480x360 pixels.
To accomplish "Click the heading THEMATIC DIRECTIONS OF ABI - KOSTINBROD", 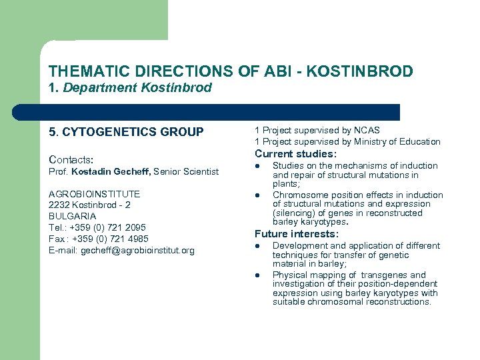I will pyautogui.click(x=231, y=71).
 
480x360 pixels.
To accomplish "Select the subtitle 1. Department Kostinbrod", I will pyautogui.click(x=130, y=87).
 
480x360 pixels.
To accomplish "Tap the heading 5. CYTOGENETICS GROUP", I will pyautogui.click(x=126, y=132).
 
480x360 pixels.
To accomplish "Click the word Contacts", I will pyautogui.click(x=70, y=160).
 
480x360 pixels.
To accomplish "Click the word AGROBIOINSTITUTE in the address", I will pyautogui.click(x=94, y=194).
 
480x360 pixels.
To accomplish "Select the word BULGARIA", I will pyautogui.click(x=72, y=216).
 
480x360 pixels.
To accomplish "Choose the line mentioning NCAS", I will pyautogui.click(x=317, y=130).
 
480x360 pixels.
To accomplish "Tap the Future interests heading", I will pyautogui.click(x=297, y=234).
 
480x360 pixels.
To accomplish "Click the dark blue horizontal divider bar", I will pyautogui.click(x=207, y=112).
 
